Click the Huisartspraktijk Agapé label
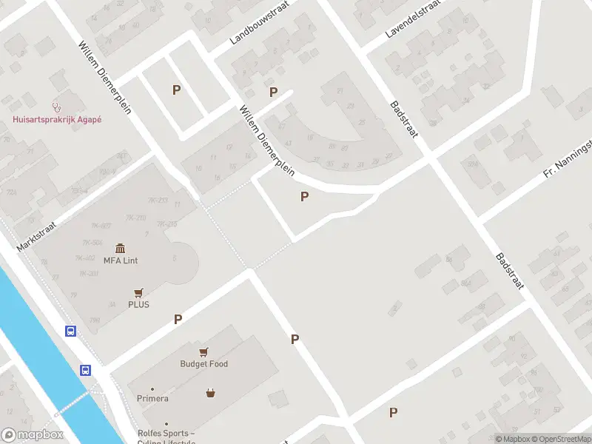point(56,120)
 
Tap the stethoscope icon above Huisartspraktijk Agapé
point(56,107)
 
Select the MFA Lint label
point(121,260)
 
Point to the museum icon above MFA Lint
point(121,248)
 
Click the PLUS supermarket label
point(138,304)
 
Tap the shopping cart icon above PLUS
point(138,292)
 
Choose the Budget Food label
point(203,364)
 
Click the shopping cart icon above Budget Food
point(203,352)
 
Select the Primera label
point(152,398)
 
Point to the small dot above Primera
point(152,388)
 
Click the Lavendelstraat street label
point(413,20)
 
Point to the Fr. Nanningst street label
point(568,158)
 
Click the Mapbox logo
point(32,435)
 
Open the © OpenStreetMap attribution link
point(559,439)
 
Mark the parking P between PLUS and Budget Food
point(178,320)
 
